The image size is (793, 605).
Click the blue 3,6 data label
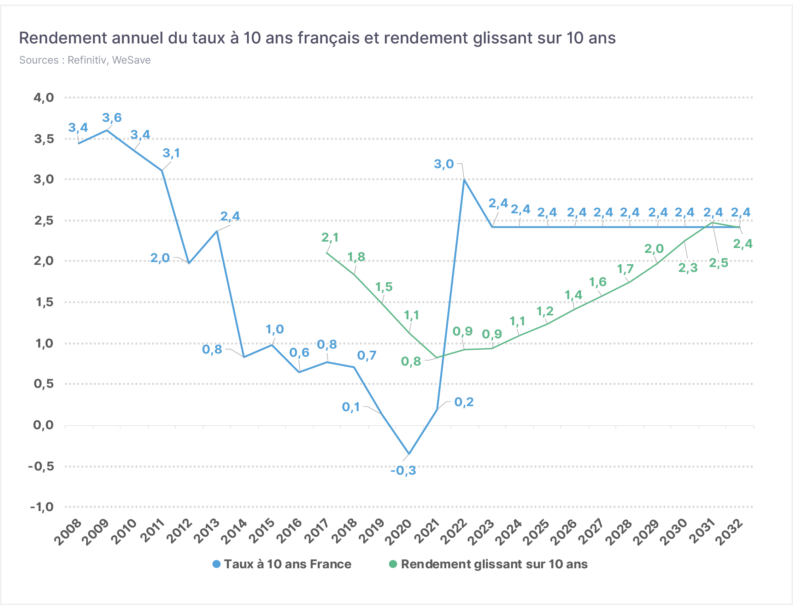pyautogui.click(x=112, y=118)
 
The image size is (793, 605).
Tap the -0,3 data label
pyautogui.click(x=403, y=470)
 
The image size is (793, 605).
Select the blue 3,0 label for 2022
pyautogui.click(x=444, y=164)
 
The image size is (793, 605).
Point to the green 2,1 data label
pyautogui.click(x=330, y=238)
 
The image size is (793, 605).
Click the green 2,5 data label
pyautogui.click(x=718, y=263)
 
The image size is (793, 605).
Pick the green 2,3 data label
pyautogui.click(x=688, y=268)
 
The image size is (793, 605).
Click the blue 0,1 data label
pyautogui.click(x=351, y=407)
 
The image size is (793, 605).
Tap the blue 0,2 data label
pyautogui.click(x=464, y=402)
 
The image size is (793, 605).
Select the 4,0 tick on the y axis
pyautogui.click(x=43, y=97)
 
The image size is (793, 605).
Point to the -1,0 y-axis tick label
pyautogui.click(x=42, y=507)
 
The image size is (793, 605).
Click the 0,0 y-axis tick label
pyautogui.click(x=43, y=425)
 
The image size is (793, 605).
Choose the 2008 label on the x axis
pyautogui.click(x=68, y=532)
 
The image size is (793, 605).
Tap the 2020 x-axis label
pyautogui.click(x=398, y=532)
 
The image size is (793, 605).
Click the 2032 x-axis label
pyautogui.click(x=729, y=532)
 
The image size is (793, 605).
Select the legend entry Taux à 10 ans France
pyautogui.click(x=282, y=564)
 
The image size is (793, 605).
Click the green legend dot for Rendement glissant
pyautogui.click(x=393, y=564)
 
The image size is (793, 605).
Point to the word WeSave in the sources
pyautogui.click(x=131, y=60)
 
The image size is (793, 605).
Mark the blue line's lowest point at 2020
pyautogui.click(x=409, y=454)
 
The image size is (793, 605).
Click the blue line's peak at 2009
pyautogui.click(x=107, y=130)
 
